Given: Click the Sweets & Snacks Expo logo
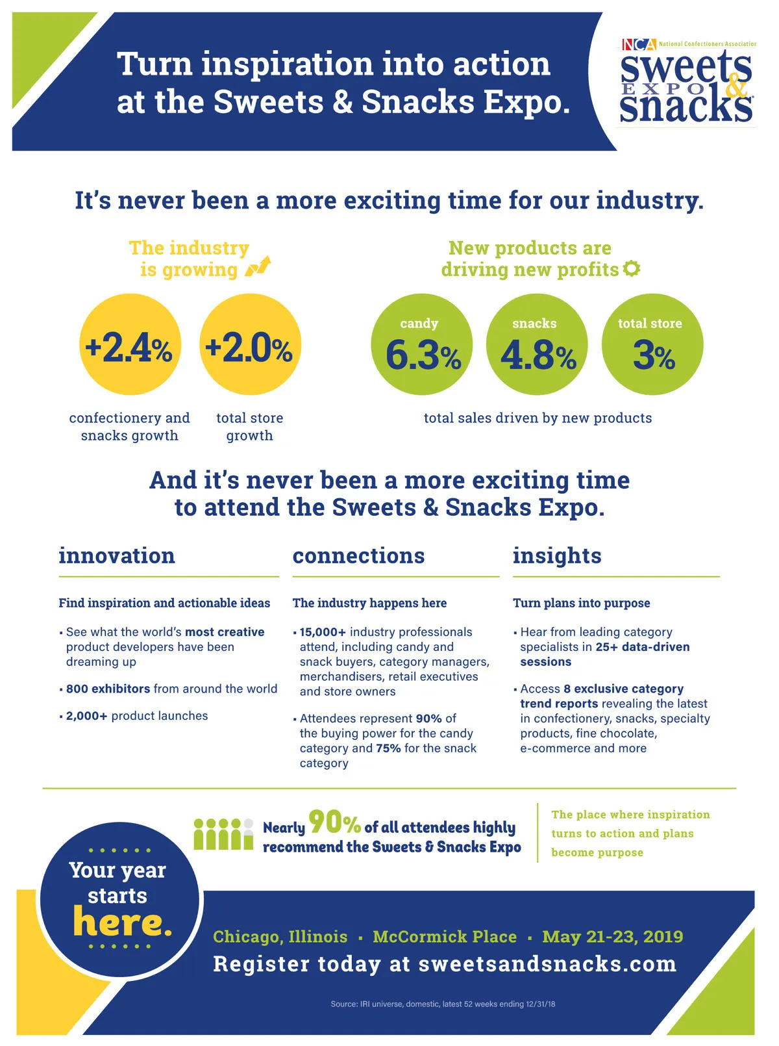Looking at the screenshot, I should [687, 83].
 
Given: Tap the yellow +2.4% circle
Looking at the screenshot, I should [130, 344].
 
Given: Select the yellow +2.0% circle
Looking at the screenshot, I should [250, 344].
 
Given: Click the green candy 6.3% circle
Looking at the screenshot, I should [422, 344].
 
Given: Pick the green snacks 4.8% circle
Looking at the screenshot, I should [537, 344].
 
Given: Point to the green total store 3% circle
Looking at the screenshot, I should [652, 344].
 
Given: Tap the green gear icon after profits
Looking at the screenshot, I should [631, 268].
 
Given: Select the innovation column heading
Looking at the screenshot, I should [117, 556].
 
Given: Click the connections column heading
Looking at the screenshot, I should [358, 556].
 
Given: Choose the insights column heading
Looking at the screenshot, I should [557, 556].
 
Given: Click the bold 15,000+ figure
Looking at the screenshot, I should [323, 632].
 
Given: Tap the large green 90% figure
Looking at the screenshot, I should [334, 822].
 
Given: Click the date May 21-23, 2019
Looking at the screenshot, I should [612, 937].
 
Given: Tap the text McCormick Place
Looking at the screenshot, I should [445, 937].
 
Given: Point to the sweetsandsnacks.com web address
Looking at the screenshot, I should [547, 964].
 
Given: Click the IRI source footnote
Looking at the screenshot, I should [443, 1004].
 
